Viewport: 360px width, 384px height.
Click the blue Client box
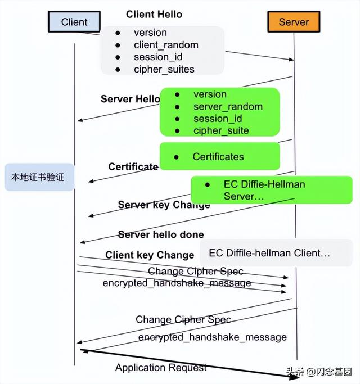point(74,22)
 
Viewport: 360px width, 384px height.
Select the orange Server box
point(294,22)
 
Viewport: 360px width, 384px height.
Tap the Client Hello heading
point(154,14)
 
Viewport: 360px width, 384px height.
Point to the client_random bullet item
point(166,45)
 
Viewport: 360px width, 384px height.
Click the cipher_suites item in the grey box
point(164,70)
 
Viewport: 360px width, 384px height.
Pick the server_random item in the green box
point(228,106)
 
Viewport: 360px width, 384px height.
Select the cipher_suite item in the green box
point(221,130)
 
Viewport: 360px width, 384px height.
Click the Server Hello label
point(130,99)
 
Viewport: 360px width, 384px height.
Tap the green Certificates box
point(219,156)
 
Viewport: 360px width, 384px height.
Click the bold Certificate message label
point(133,166)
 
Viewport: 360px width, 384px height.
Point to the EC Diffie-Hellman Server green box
point(271,190)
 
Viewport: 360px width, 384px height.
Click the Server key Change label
point(164,205)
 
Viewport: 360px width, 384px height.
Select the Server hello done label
point(161,234)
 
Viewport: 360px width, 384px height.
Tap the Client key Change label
point(150,255)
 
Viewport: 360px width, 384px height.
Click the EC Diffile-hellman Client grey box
point(276,253)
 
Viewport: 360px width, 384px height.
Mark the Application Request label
point(161,368)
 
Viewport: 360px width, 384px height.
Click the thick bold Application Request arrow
point(191,364)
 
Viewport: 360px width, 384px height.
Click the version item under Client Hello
point(150,33)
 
